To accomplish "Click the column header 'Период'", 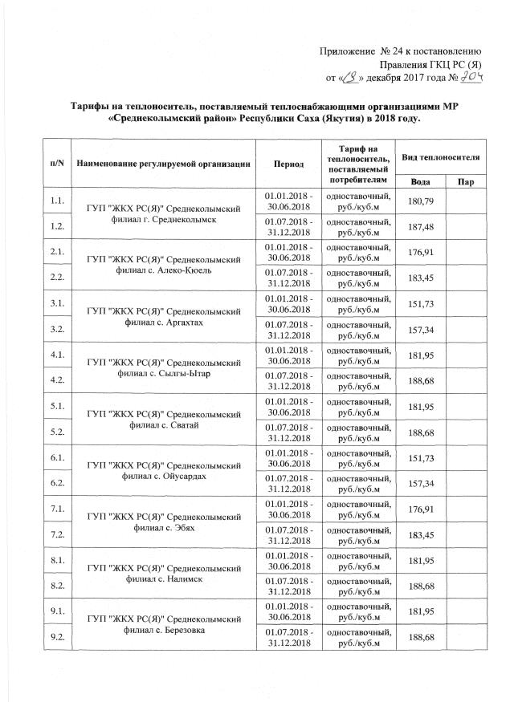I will tap(288, 163).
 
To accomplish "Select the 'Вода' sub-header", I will tap(418, 183).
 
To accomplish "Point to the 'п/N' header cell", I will tap(57, 163).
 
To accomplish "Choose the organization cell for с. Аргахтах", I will tap(164, 316).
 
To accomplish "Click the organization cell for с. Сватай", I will tap(164, 420).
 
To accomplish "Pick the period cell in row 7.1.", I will tap(288, 510).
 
